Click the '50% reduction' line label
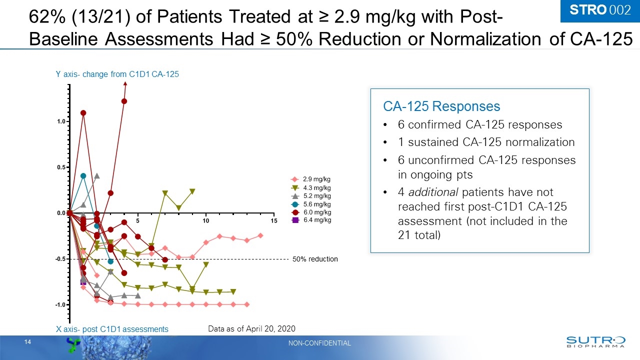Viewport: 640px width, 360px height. pos(315,259)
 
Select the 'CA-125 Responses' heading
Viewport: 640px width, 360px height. pos(441,106)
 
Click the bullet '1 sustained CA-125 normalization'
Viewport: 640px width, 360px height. pos(486,142)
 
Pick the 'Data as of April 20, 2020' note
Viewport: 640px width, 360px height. pos(251,328)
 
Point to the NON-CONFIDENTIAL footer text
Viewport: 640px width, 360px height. pos(319,343)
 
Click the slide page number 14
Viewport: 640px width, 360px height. pos(27,342)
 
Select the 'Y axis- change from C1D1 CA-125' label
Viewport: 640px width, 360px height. pos(117,74)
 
